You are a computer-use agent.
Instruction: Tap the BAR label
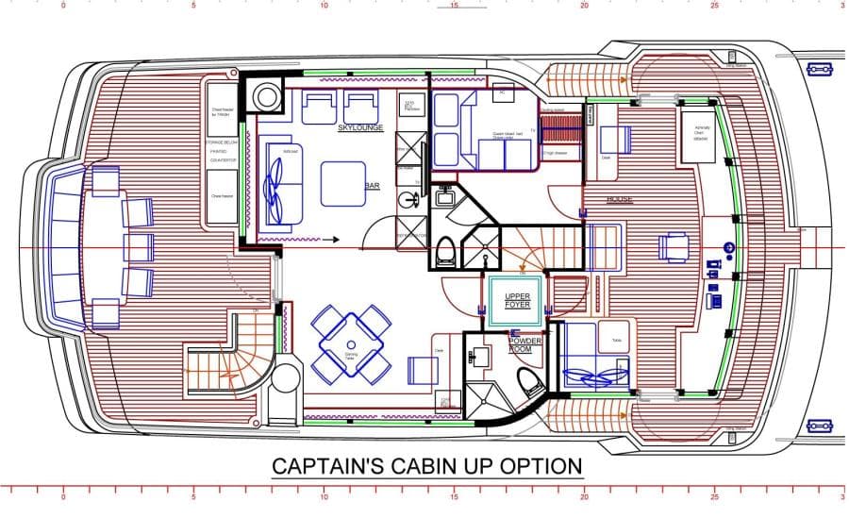point(372,187)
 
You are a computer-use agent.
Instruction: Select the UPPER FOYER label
point(518,300)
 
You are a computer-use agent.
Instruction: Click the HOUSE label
point(620,200)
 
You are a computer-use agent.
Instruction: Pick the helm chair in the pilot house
point(673,247)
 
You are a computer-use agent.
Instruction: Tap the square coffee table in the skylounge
point(342,183)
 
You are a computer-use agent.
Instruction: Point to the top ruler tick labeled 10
point(323,6)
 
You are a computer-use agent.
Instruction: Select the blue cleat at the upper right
point(818,69)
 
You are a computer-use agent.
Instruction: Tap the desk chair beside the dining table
point(420,369)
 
